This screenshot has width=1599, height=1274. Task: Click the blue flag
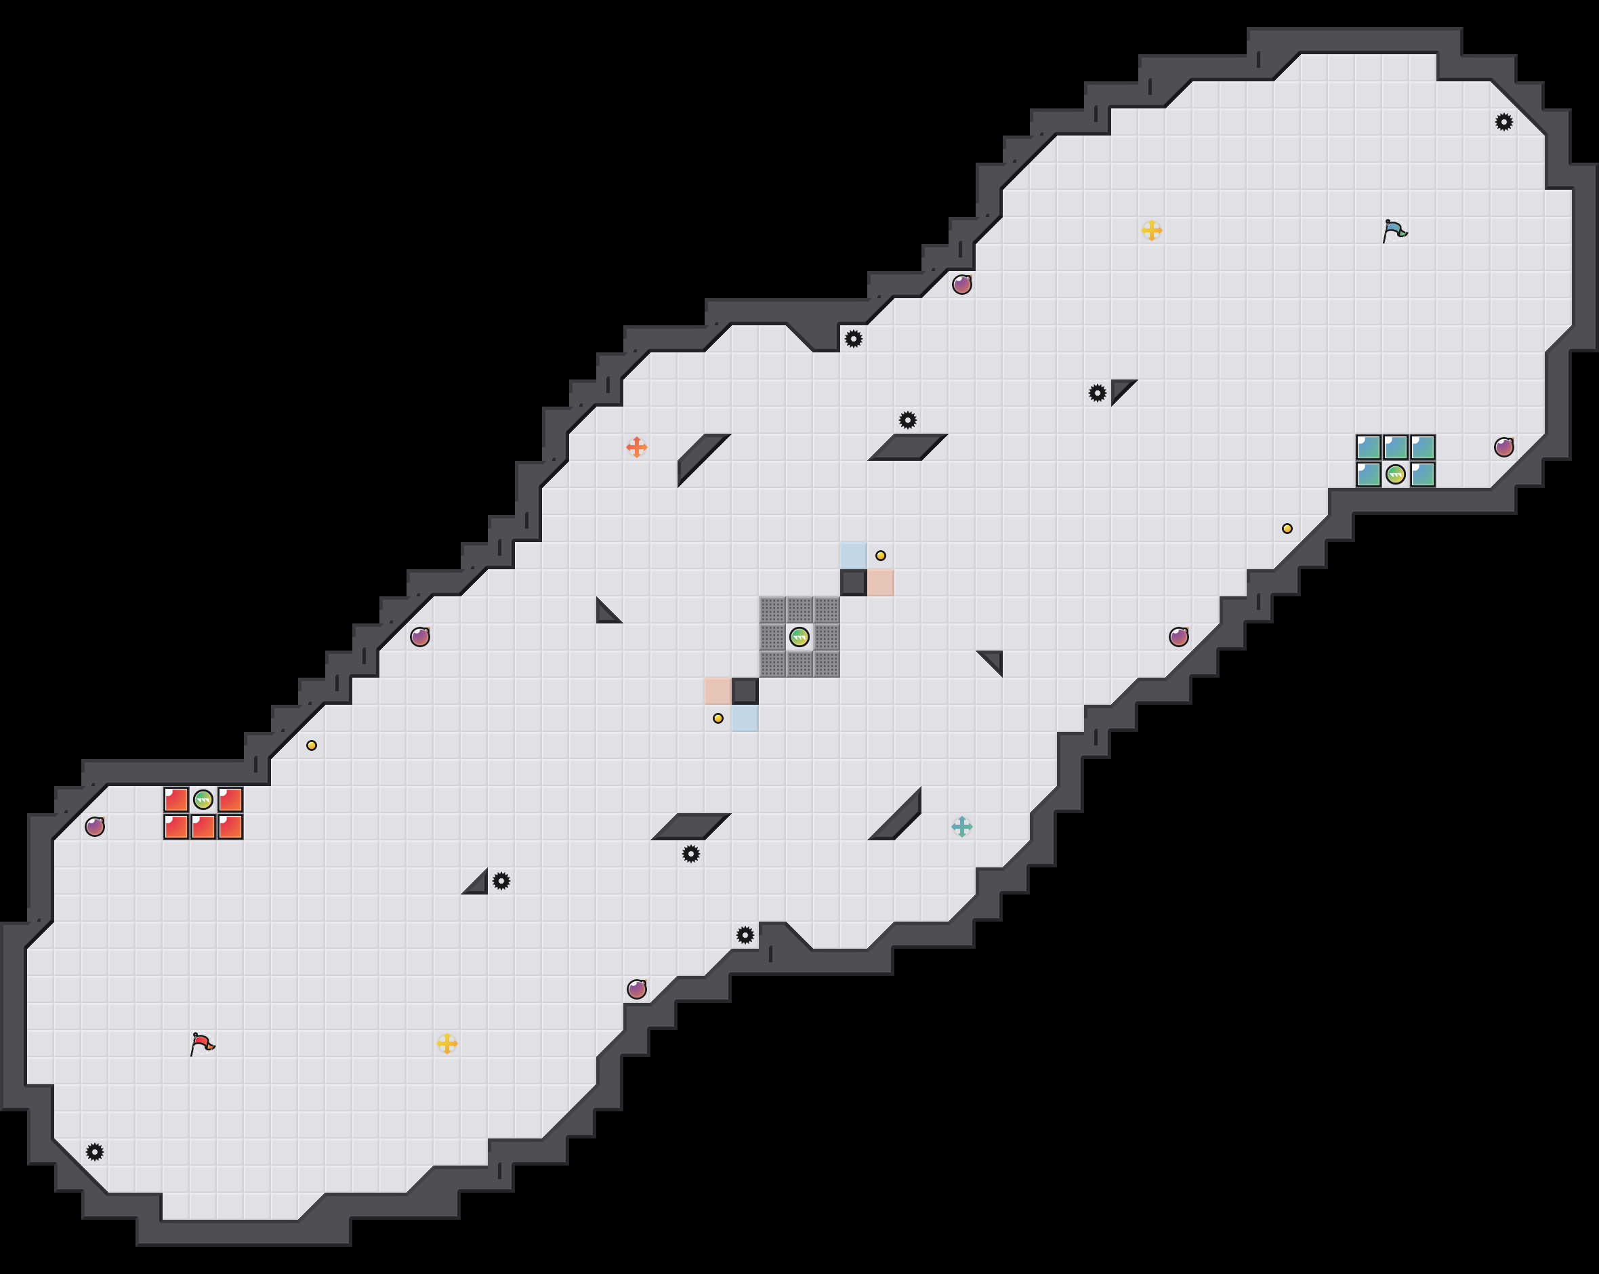pos(1394,231)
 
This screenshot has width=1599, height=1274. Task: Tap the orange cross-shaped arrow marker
pos(636,447)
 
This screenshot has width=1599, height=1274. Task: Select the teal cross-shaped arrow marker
pos(962,827)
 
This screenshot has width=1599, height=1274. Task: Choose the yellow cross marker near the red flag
pos(447,1043)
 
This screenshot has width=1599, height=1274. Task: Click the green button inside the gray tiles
pos(799,636)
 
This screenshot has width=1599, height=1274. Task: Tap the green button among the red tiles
pos(203,799)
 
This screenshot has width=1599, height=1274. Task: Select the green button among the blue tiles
pos(1395,474)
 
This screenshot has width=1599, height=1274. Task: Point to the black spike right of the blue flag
pos(1503,122)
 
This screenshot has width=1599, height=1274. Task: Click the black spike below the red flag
pos(94,1151)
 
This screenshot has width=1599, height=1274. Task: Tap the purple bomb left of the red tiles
pos(94,827)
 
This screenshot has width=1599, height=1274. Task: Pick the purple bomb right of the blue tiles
pos(1503,447)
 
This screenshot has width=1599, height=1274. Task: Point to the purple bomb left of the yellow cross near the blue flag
pos(962,284)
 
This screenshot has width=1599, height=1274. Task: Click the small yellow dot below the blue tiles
pos(1287,529)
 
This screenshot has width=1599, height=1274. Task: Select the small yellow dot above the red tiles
pos(312,745)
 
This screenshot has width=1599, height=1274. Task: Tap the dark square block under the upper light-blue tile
pos(853,583)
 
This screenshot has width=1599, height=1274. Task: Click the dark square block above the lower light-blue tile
pos(745,691)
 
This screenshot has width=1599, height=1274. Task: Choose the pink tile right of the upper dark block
pos(880,583)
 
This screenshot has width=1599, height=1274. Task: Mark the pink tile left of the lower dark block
pos(717,691)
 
